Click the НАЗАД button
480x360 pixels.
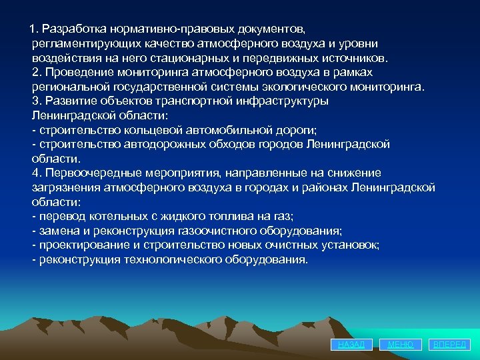(351, 345)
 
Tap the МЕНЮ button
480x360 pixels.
(401, 345)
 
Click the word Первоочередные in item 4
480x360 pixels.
(87, 173)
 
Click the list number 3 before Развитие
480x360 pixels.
(37, 101)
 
